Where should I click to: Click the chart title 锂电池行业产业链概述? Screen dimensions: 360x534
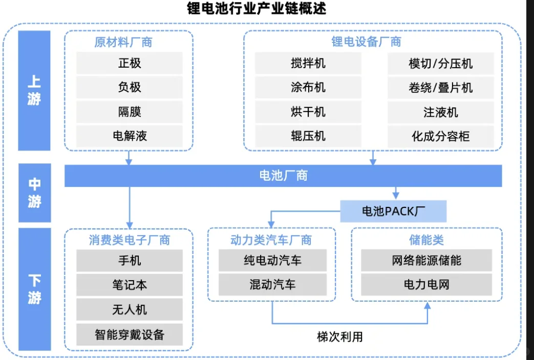tap(256, 9)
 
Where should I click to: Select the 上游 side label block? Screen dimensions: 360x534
tap(34, 91)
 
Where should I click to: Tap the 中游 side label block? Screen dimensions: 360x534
tap(34, 193)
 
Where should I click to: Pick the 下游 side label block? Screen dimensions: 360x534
tap(34, 289)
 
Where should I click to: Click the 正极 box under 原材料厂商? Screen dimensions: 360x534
tap(130, 63)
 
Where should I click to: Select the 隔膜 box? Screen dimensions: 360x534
tap(130, 112)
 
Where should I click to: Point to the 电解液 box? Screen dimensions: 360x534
tap(130, 136)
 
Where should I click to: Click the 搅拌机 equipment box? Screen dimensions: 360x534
tap(308, 63)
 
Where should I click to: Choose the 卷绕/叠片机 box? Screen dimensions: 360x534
tap(440, 88)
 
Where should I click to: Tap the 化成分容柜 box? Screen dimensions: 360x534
tap(440, 136)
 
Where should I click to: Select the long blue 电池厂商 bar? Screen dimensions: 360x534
tap(283, 176)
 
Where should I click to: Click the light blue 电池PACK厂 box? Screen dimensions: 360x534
tap(393, 211)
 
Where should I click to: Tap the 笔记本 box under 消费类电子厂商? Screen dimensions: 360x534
tap(130, 285)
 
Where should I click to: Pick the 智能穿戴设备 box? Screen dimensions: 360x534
tap(130, 334)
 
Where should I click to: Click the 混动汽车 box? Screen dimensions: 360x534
tap(272, 285)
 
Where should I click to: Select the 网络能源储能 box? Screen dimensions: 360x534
tap(426, 260)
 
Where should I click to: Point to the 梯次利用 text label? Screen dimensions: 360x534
tap(340, 336)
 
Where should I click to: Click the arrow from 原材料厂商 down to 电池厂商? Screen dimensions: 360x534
tap(129, 158)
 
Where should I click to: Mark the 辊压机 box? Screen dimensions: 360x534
tap(308, 136)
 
